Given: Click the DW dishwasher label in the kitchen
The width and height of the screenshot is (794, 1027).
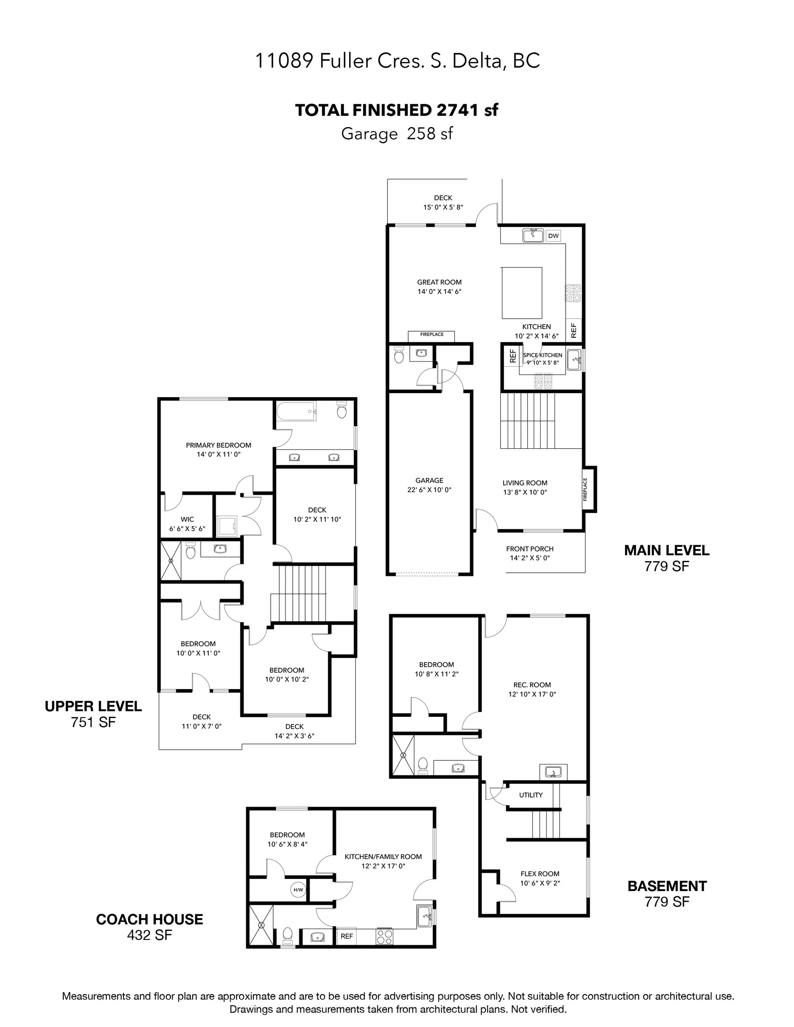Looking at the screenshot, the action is coord(554,236).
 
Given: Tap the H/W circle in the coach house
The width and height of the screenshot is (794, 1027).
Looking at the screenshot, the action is coord(298,890).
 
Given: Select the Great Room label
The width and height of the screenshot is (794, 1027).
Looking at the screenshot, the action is coord(439,282).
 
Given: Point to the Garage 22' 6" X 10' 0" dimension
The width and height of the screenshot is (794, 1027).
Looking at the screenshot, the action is coord(429,489).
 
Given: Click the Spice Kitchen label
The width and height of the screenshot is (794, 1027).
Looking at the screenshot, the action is coord(543,355).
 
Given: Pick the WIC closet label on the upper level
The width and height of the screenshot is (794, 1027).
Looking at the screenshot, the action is coord(187,519).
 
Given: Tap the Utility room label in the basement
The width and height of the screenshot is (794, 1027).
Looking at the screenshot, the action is coord(531,795).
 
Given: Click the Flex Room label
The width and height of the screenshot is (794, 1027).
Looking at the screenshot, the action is coord(540,874).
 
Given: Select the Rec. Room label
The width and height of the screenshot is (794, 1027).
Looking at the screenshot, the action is coord(532,685).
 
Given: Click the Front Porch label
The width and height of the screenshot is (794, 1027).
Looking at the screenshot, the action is coord(530,549).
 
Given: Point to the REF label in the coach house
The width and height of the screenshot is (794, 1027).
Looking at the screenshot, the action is coord(347,936).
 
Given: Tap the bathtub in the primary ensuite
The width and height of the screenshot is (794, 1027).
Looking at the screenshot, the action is coord(296,411).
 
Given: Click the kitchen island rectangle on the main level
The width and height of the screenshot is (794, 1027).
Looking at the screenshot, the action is coord(521,293).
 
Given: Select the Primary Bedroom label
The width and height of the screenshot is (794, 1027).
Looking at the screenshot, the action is coord(219,445).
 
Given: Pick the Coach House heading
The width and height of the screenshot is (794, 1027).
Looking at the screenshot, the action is coord(150,919).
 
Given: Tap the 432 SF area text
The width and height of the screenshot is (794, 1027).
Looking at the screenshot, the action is coord(150,935).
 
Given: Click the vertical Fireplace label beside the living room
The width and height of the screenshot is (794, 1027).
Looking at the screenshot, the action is coord(586,489).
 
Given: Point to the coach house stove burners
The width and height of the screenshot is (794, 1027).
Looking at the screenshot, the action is coord(385,936).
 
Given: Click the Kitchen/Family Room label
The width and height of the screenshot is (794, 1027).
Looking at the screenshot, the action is coord(383,856).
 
